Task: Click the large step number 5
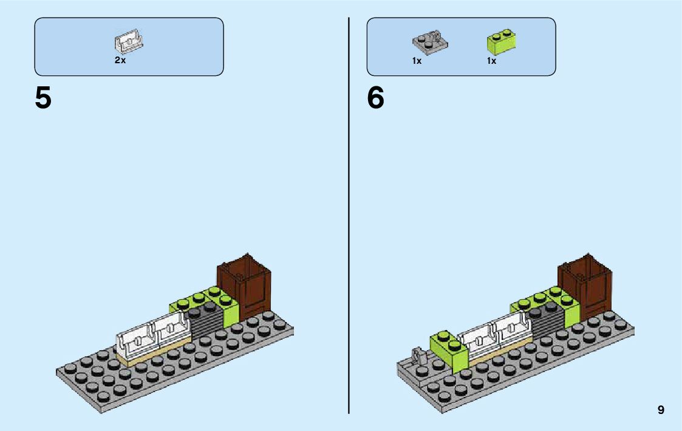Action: click(43, 98)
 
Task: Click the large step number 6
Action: click(376, 98)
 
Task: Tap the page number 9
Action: click(661, 410)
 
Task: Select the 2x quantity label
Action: click(120, 61)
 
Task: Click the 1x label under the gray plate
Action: click(417, 61)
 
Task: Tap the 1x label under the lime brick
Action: click(491, 61)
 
